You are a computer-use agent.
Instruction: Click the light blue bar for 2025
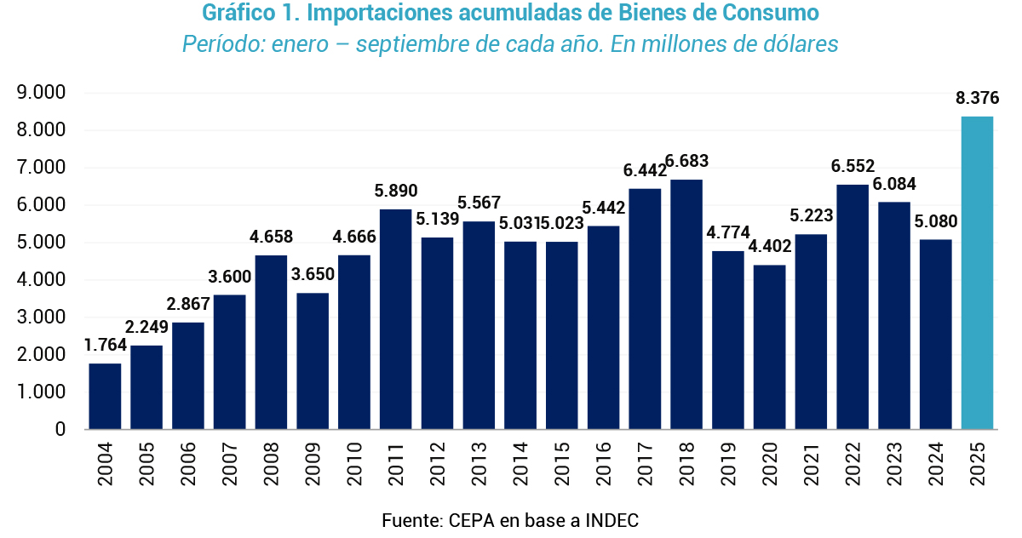[977, 272]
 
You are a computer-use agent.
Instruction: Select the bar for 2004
[105, 396]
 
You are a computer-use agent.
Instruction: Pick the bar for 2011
[395, 319]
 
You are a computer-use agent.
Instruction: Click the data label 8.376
[977, 98]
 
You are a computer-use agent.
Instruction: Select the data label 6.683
[686, 161]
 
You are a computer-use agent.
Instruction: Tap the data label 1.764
[105, 345]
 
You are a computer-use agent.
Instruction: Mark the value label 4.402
[770, 247]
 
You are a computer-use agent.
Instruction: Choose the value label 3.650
[313, 275]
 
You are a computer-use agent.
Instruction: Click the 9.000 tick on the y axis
[42, 93]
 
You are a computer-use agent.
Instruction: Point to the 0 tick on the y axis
[60, 429]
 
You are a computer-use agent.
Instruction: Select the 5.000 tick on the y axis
[42, 243]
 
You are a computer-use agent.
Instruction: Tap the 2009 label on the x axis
[313, 463]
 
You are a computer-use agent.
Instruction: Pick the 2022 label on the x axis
[853, 463]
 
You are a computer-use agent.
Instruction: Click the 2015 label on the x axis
[562, 463]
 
